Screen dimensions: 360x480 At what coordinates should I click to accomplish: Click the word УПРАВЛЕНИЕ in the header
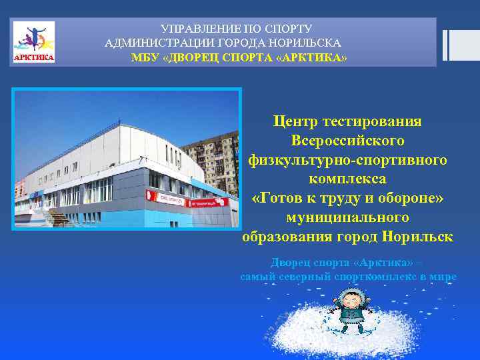(197, 29)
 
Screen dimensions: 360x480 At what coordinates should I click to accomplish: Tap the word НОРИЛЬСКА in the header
(311, 43)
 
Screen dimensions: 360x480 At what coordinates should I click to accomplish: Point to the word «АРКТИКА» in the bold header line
(315, 57)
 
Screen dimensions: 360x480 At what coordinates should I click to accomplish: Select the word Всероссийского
(347, 141)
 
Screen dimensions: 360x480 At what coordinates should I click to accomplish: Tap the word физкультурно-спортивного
(347, 160)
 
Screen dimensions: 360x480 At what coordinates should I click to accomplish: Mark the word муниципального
(347, 217)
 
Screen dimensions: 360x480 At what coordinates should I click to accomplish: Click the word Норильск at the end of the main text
(418, 236)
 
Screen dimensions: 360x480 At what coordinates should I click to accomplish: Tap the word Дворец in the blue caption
(288, 262)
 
